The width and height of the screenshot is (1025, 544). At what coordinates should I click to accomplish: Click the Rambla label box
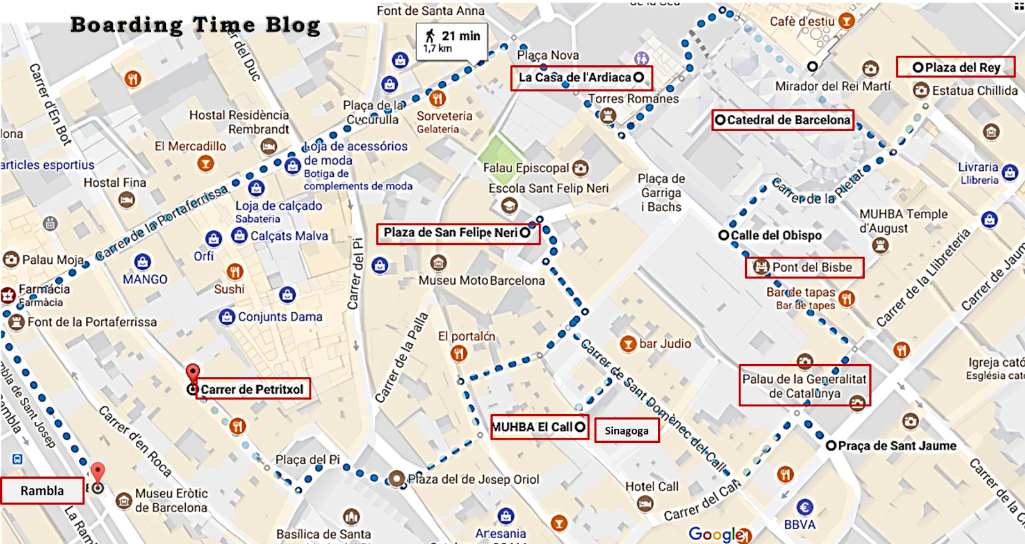coord(42,491)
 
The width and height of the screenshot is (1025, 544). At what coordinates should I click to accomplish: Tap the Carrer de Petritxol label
coord(252,389)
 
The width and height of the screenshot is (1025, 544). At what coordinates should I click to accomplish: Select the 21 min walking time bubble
coord(452,41)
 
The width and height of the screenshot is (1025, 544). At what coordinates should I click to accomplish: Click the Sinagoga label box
coord(627,431)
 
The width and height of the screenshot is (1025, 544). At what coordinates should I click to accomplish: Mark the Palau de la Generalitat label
coord(804,386)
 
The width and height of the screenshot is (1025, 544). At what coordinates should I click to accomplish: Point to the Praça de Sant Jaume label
coord(897,445)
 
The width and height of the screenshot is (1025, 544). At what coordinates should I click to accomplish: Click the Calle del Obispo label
coord(776,236)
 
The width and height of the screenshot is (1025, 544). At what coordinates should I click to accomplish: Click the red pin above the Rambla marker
coord(97,472)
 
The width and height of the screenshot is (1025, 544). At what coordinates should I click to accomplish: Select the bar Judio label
coord(665,344)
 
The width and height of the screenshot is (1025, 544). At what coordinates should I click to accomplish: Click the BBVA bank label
coord(799,524)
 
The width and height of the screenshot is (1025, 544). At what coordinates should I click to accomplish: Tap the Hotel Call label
coord(652,486)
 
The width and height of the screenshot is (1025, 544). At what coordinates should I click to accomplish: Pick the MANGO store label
coord(145,279)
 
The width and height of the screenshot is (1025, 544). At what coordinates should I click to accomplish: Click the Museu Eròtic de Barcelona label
coord(171,500)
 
